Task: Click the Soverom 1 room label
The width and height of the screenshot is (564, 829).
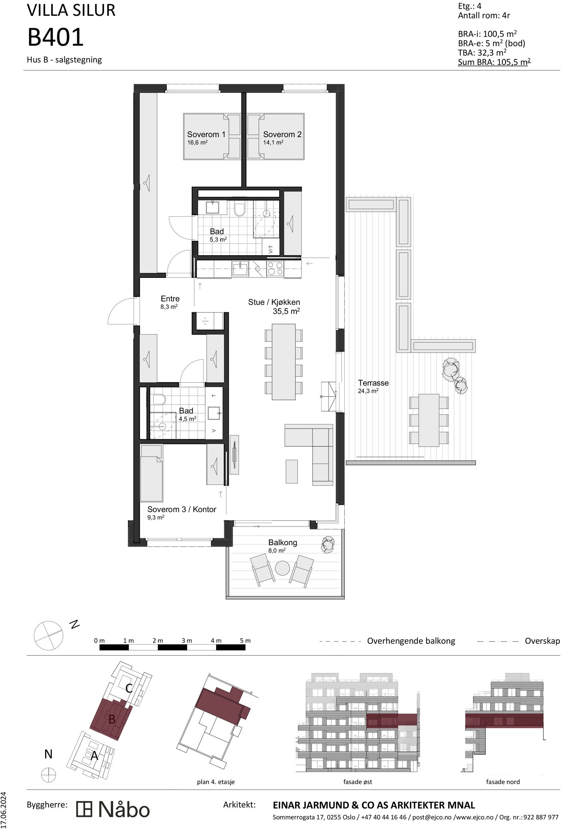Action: [206, 134]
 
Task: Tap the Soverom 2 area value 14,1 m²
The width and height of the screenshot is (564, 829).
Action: [273, 143]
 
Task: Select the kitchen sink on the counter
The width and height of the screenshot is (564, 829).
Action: [240, 268]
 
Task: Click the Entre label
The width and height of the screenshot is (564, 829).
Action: [170, 299]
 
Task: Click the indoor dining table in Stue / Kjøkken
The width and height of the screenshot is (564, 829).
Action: [283, 362]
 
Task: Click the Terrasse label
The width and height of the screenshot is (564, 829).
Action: [373, 383]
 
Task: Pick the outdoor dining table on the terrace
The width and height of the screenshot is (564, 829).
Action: [429, 420]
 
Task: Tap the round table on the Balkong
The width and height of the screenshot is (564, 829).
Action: [282, 568]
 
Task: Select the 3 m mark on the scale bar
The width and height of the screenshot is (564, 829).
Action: [187, 641]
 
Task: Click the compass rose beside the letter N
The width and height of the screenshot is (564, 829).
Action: [48, 636]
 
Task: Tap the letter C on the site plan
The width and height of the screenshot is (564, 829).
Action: [129, 688]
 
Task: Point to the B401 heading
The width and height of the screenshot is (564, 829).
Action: [55, 37]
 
